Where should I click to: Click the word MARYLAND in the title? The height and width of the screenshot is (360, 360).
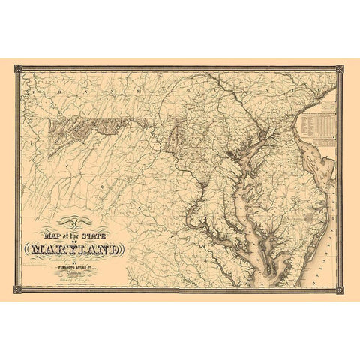[x=75, y=247]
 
